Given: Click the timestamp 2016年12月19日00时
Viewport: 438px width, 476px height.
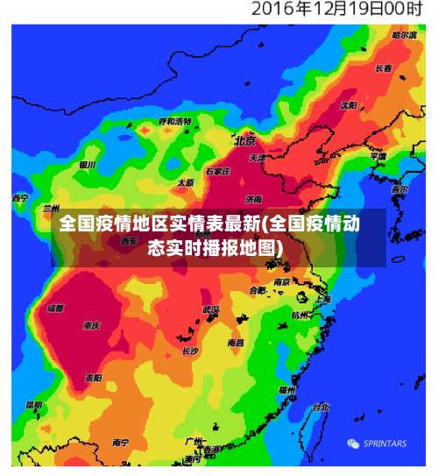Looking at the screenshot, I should click(336, 11).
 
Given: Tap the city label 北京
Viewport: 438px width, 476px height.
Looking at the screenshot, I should click(244, 140).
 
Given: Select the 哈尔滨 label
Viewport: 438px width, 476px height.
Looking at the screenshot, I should click(405, 35).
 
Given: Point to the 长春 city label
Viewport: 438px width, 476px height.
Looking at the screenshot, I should click(383, 67).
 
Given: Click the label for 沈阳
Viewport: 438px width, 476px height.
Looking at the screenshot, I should click(349, 105).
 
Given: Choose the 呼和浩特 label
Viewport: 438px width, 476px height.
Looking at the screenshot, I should click(175, 121).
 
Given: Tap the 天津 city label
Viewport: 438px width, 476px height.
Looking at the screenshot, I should click(257, 158).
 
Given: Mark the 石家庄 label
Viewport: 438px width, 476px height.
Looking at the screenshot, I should click(217, 173).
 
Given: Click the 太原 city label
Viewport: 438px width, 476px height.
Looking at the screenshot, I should click(185, 183).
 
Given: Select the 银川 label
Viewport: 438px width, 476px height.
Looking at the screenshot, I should click(87, 165).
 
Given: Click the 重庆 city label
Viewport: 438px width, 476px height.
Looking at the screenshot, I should click(91, 325).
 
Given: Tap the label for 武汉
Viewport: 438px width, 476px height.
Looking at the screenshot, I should click(211, 309).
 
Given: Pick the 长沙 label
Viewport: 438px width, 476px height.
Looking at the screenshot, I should click(190, 351).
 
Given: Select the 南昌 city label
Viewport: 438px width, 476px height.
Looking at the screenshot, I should click(236, 343).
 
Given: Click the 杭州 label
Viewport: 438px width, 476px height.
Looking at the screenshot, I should click(300, 314).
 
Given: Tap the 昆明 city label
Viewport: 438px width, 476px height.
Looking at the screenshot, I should click(33, 405).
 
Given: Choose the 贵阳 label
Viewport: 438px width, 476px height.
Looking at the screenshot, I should click(93, 378).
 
